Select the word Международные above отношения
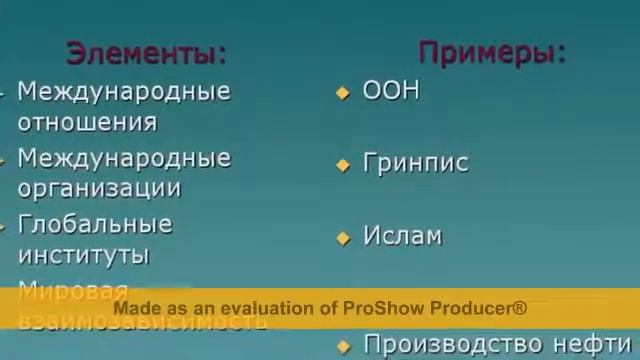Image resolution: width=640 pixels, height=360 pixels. [x=124, y=92]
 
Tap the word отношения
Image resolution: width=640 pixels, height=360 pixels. [x=87, y=123]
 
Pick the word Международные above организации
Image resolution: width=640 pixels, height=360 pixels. [x=124, y=158]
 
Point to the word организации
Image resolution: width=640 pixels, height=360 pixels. [x=99, y=188]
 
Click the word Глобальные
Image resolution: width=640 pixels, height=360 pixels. [x=95, y=223]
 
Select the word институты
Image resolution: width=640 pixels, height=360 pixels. [x=84, y=255]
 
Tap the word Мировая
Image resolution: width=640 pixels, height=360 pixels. [x=73, y=292]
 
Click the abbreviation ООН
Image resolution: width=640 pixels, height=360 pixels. [x=391, y=91]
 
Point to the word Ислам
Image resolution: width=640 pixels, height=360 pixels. [x=402, y=237]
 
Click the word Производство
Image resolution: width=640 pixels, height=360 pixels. [x=444, y=345]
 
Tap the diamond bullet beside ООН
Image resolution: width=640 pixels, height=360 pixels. [x=343, y=93]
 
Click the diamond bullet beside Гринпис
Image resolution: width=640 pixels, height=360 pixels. [x=343, y=165]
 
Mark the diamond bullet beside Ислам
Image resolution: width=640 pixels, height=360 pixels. [x=343, y=238]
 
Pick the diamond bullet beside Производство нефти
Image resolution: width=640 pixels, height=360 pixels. [x=343, y=346]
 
